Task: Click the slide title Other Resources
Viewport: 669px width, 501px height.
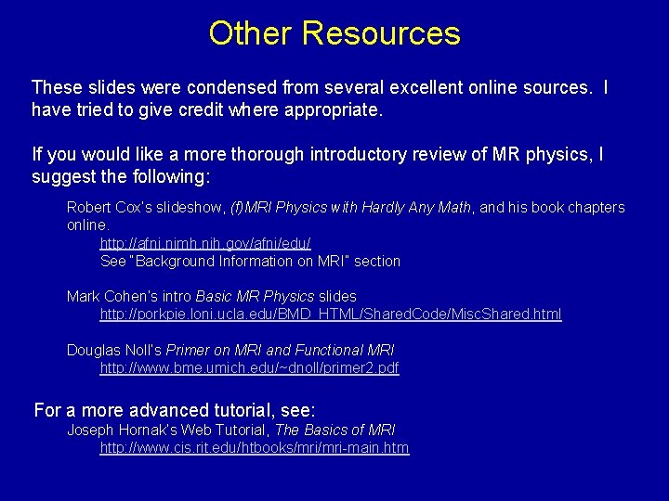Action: click(x=334, y=33)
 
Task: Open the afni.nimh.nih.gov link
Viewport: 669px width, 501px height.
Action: click(x=205, y=243)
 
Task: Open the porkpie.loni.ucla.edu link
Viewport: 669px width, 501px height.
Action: click(x=330, y=315)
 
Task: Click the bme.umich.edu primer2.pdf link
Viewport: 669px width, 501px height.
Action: click(x=249, y=368)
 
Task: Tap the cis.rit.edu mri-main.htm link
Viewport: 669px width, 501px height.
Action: click(x=254, y=448)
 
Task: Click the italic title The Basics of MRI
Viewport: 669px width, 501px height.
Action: click(x=335, y=430)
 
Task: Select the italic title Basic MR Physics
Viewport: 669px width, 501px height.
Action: click(x=263, y=297)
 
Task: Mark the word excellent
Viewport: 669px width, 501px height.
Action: click(x=442, y=88)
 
